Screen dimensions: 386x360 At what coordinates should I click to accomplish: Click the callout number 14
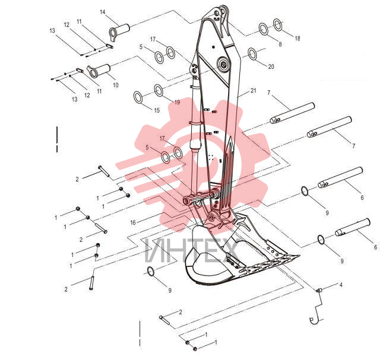pyautogui.click(x=103, y=12)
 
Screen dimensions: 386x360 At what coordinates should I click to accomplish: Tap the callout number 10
pyautogui.click(x=115, y=85)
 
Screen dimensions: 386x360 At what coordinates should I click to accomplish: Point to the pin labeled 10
pyautogui.click(x=99, y=71)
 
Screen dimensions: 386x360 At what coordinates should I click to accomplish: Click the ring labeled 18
pyautogui.click(x=278, y=25)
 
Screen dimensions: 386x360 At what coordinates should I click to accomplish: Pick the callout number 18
pyautogui.click(x=298, y=39)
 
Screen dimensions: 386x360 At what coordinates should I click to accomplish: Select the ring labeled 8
pyautogui.click(x=263, y=29)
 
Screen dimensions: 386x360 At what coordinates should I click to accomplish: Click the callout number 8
pyautogui.click(x=280, y=44)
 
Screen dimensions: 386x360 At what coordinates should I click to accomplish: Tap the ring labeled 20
pyautogui.click(x=252, y=54)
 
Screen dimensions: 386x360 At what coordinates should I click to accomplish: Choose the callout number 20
pyautogui.click(x=271, y=66)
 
